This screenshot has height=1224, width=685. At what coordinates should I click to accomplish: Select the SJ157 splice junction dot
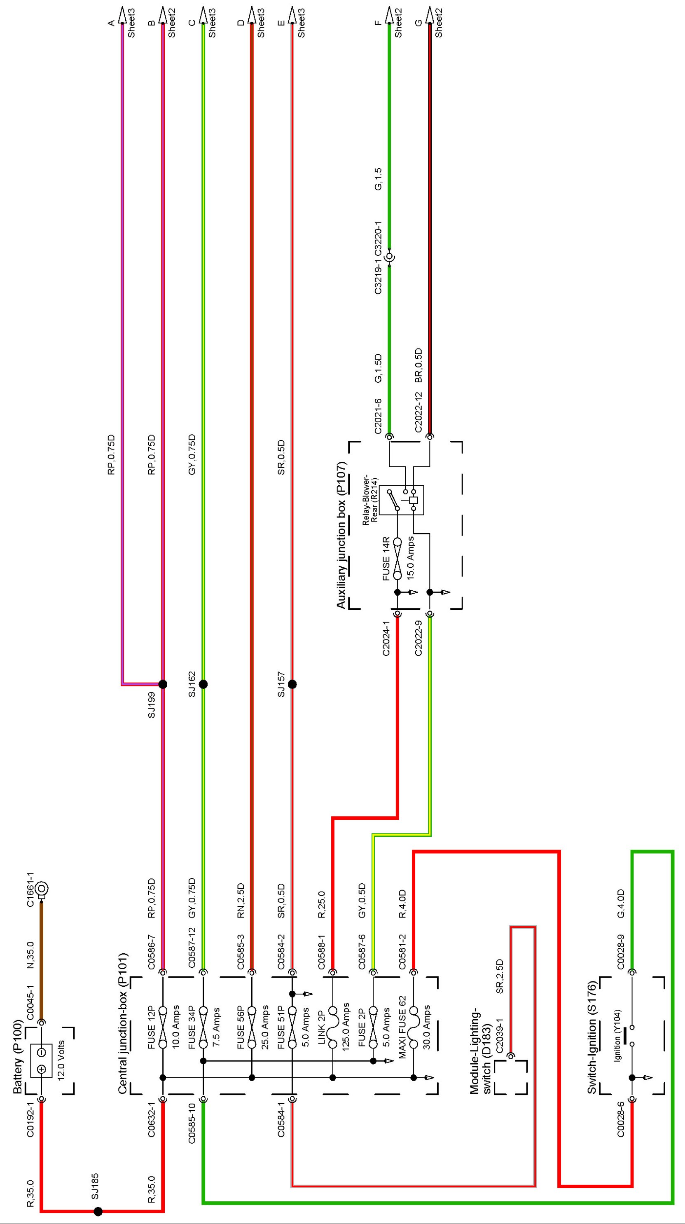point(292,684)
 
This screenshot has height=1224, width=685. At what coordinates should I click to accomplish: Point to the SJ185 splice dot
point(98,1211)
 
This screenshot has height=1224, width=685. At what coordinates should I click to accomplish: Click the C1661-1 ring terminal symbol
point(42,888)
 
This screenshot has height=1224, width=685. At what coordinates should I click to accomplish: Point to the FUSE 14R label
point(386,559)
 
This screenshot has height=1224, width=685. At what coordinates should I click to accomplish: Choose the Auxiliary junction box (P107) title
point(341,535)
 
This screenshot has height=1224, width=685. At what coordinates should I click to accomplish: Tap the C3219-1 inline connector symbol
point(390,257)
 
